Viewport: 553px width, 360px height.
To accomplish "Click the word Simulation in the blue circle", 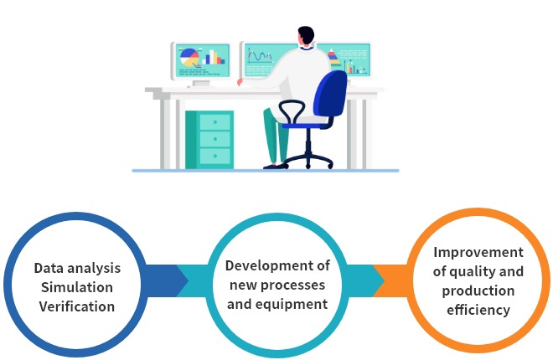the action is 77,287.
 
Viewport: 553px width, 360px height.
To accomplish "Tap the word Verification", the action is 77,306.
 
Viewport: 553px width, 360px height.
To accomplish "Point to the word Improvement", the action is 478,252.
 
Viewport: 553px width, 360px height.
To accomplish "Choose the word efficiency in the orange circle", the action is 478,310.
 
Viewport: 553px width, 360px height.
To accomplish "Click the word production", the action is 478,291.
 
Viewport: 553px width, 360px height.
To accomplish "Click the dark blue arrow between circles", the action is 164,280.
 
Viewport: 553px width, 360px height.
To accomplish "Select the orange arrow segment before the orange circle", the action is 391,280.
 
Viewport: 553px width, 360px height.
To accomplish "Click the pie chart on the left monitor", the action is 189,58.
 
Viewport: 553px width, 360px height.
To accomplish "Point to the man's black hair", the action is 306,35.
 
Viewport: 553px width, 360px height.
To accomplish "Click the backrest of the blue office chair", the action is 330,93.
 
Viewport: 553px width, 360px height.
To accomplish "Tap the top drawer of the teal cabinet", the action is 214,122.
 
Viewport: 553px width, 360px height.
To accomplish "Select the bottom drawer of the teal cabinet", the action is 214,156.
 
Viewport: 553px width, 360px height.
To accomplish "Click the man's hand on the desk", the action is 240,82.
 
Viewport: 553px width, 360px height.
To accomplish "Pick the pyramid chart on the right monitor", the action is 333,58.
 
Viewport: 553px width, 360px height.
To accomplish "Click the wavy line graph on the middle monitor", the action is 260,55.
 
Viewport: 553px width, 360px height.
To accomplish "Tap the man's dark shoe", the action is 275,167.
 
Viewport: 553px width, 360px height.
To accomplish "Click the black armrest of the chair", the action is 292,111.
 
